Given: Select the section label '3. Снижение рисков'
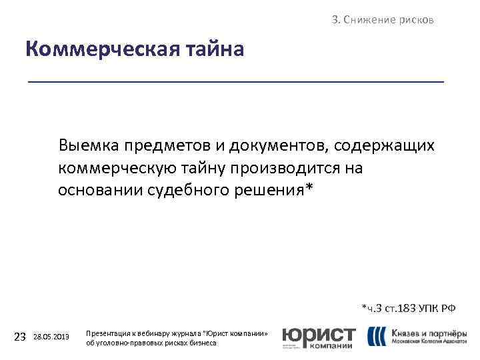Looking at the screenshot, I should coord(383,20).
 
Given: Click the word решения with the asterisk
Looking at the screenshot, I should coord(275,189).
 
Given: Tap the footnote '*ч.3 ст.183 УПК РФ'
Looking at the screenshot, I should coord(408,308).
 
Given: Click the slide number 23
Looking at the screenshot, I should coord(20,337).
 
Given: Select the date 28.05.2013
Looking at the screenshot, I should coord(51,337).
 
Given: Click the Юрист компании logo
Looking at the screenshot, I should coord(319,337).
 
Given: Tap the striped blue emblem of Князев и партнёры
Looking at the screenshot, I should coord(377,336).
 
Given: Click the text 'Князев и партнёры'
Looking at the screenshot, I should coord(429,332).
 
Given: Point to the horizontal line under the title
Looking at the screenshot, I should coord(235,81).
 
